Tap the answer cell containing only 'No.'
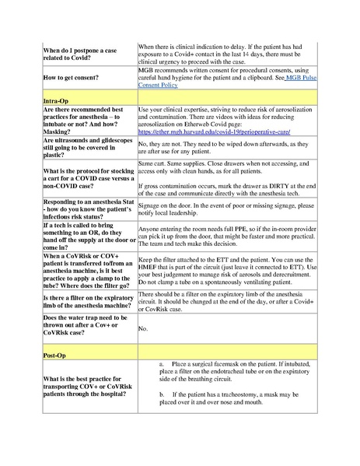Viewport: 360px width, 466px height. click(143, 328)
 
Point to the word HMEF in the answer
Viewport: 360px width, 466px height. click(151, 266)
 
